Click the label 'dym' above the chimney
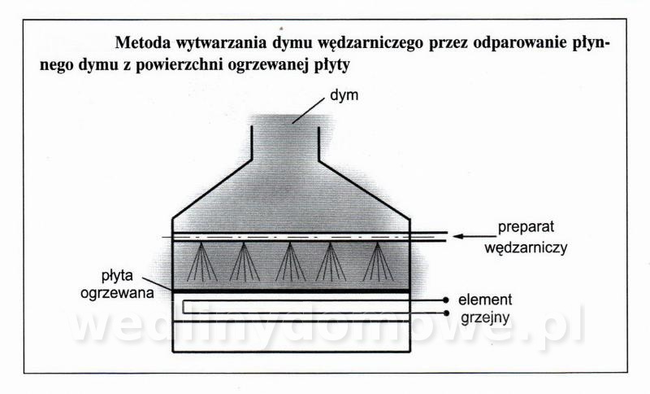(x=344, y=96)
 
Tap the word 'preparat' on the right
(x=526, y=227)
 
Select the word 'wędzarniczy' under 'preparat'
(x=526, y=248)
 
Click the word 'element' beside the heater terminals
(x=485, y=300)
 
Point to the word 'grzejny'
(x=485, y=318)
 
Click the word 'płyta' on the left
(x=117, y=276)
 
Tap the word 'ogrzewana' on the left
(x=117, y=293)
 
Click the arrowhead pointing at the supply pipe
(x=457, y=236)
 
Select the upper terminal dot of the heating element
(x=445, y=300)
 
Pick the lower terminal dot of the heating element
(x=445, y=313)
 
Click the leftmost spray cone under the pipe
(x=201, y=262)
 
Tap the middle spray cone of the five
(x=290, y=262)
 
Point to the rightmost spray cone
(x=378, y=262)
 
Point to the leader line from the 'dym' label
(x=308, y=110)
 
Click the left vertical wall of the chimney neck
(x=252, y=142)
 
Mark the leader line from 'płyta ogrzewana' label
(x=157, y=283)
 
